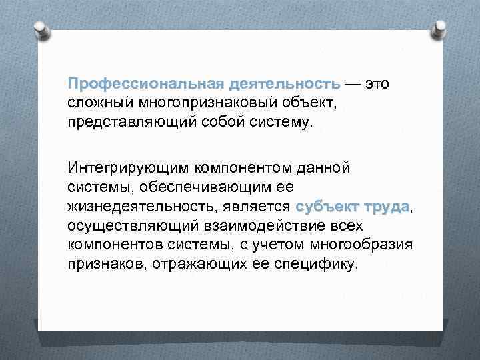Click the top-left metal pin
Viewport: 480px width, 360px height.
pos(41,30)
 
